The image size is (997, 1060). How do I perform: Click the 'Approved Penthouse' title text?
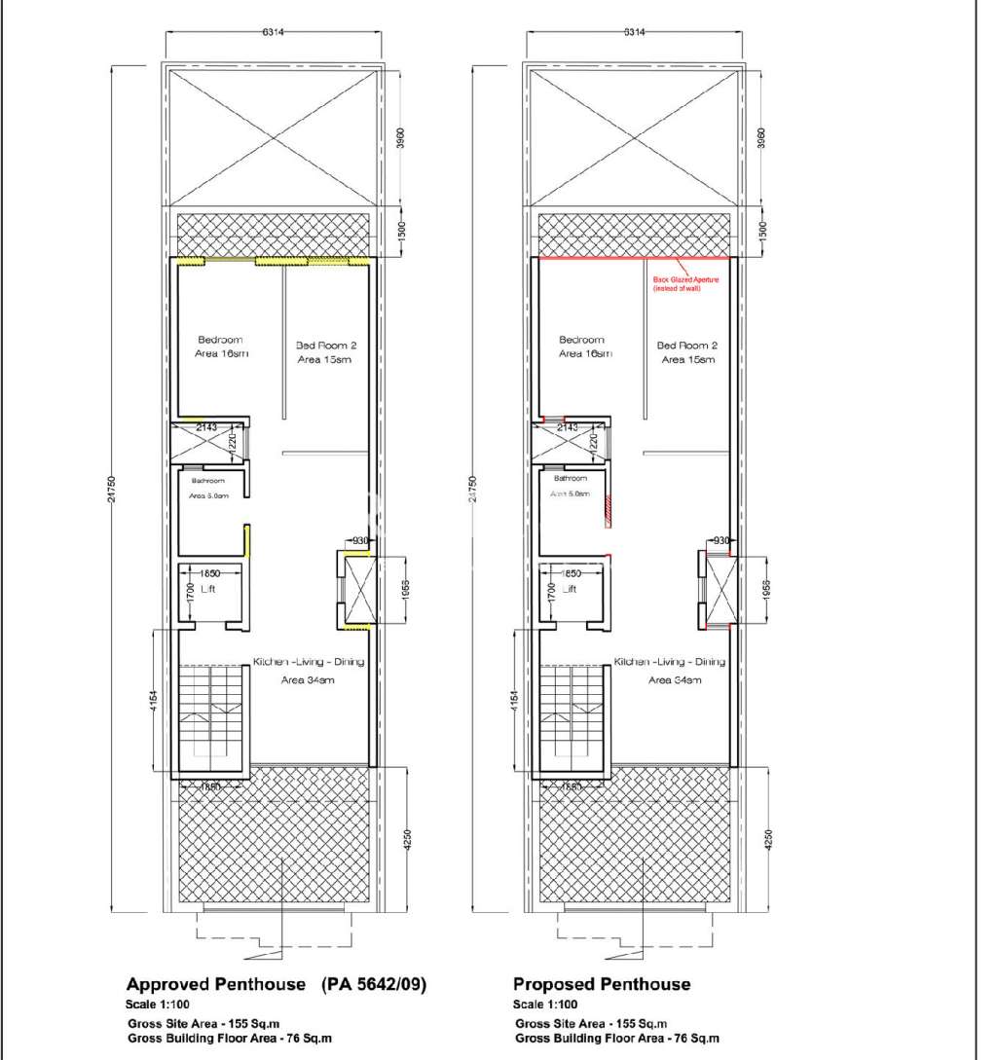point(216,984)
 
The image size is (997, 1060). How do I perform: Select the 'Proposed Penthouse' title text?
point(601,984)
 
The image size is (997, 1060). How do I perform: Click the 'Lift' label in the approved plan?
point(206,589)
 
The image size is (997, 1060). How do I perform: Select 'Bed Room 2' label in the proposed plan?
point(686,345)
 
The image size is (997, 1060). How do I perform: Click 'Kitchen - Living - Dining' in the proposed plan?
point(670,662)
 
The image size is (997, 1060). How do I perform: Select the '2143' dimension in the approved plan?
point(206,427)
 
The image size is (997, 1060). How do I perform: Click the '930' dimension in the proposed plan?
point(721,540)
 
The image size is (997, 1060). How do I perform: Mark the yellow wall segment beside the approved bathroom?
point(247,540)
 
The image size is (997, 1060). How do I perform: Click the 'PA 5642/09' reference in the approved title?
point(374,984)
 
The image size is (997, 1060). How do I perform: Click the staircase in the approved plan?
point(213,711)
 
